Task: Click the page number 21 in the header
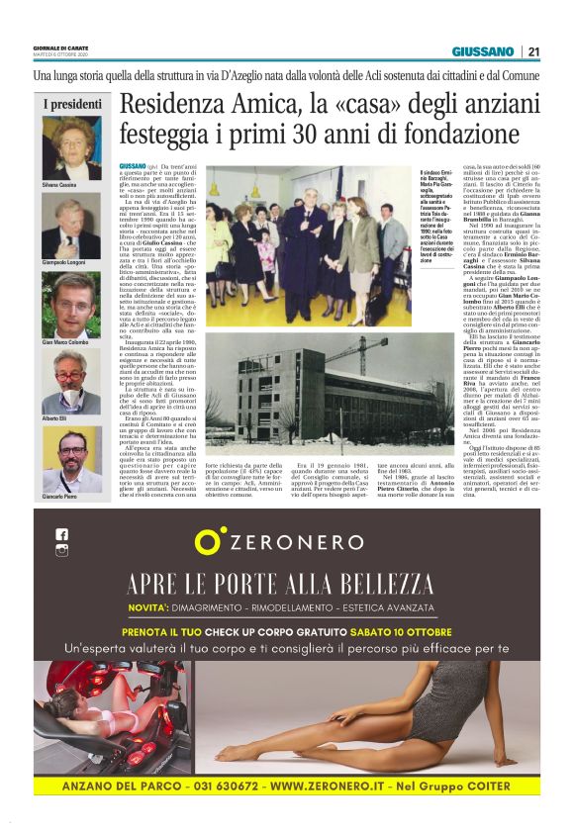click(x=533, y=51)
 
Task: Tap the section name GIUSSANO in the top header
click(x=483, y=51)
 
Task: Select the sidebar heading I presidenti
click(x=72, y=104)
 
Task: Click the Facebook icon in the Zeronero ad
click(x=61, y=534)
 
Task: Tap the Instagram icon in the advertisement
click(x=61, y=551)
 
